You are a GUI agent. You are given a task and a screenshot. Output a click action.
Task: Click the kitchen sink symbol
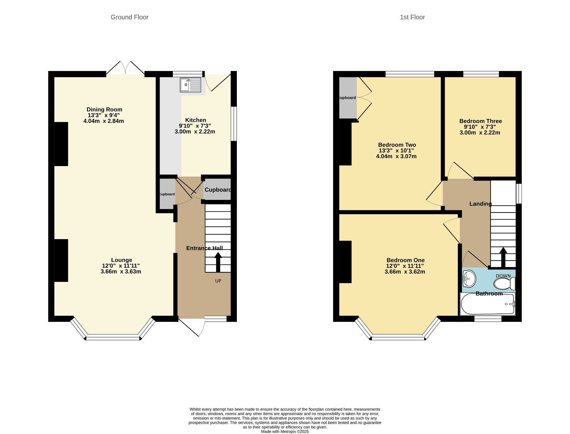point(190,85)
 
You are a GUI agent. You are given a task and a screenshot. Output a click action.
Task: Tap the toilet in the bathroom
point(504,284)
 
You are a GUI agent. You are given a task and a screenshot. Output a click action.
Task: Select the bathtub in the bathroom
point(488,304)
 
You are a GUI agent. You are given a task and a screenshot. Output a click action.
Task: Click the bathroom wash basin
point(469,278)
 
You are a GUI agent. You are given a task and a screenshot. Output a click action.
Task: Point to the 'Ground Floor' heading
point(130,17)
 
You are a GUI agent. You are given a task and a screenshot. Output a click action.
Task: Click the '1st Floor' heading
point(412,17)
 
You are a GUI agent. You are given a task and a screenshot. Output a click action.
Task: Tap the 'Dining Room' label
point(104,109)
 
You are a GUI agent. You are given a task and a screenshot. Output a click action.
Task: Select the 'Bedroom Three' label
point(481,121)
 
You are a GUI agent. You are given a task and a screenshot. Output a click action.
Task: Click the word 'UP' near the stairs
point(218,281)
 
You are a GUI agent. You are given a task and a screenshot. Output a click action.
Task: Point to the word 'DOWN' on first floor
point(503,276)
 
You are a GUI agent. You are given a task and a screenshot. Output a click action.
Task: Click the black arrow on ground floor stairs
point(218,262)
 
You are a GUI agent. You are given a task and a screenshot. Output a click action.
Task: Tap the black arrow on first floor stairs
point(503,257)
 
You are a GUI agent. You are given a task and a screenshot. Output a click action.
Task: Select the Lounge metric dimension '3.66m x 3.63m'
point(121,271)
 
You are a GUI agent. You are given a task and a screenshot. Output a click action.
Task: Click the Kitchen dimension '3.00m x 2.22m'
point(195,132)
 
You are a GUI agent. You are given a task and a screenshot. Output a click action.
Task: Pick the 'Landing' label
point(481,204)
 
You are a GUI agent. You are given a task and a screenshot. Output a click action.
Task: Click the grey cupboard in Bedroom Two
point(348,98)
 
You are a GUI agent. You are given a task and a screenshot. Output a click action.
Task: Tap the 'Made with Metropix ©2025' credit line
point(285,431)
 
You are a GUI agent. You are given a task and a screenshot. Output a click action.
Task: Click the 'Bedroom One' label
point(406,260)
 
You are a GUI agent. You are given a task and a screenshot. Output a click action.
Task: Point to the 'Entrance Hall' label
point(205,248)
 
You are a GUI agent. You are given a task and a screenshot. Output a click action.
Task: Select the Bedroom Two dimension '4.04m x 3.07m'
point(396,156)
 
